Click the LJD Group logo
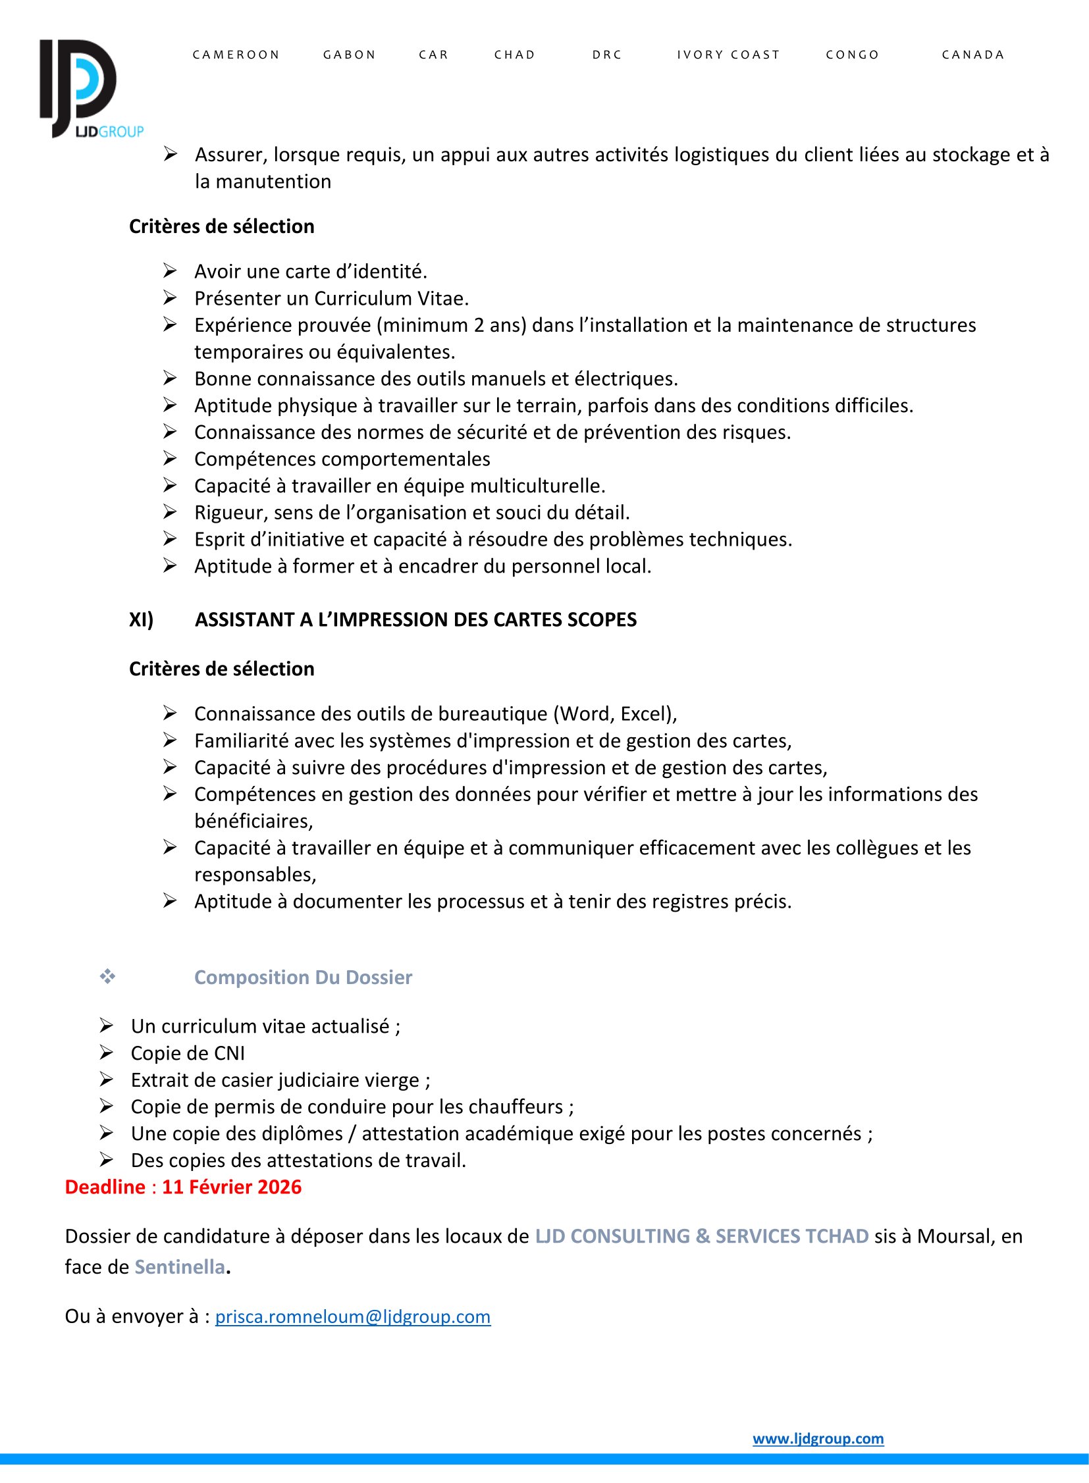point(86,89)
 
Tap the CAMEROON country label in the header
point(236,55)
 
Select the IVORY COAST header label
point(728,55)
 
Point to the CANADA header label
point(973,55)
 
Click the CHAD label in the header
point(515,55)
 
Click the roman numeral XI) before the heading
point(141,619)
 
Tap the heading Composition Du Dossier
point(304,977)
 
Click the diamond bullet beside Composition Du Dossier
point(107,976)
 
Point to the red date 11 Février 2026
point(232,1187)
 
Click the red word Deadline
point(105,1187)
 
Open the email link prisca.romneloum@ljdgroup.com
point(353,1316)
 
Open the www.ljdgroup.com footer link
point(818,1438)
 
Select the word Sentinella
point(180,1267)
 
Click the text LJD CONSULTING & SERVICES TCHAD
point(701,1236)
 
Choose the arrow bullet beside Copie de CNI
point(107,1053)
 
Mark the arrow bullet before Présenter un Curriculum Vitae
point(170,298)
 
